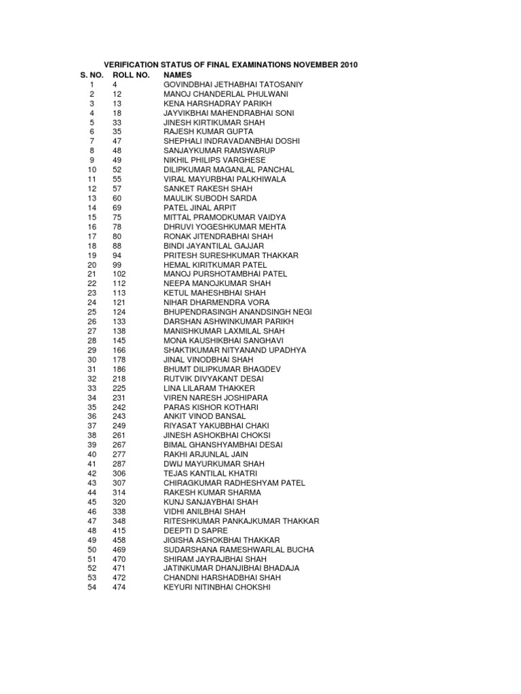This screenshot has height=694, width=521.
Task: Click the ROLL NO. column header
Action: [131, 75]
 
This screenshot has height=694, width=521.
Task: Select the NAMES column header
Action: [178, 75]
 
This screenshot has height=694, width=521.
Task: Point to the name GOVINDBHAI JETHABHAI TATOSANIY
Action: [233, 84]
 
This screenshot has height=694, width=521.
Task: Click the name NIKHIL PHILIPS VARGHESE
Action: [214, 160]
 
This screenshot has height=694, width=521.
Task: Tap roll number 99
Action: [117, 264]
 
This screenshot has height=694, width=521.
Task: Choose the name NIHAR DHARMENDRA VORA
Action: [216, 302]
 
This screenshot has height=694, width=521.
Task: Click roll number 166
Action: [119, 350]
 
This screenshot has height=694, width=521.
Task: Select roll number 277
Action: [119, 454]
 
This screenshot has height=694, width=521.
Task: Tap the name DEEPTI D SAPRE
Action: [195, 530]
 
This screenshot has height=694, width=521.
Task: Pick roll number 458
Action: [119, 539]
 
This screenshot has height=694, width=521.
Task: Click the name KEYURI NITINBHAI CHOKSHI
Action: [216, 587]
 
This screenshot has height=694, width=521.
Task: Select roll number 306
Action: [119, 473]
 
